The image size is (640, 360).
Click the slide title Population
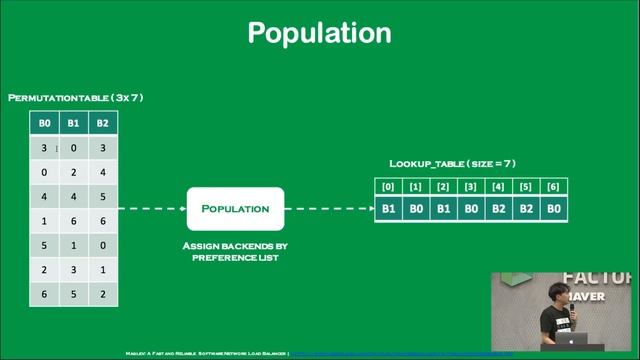[319, 33]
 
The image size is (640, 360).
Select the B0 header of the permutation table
[43, 124]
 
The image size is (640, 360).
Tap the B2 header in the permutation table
[103, 124]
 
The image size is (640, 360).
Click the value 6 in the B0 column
[43, 293]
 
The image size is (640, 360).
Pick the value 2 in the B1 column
[73, 172]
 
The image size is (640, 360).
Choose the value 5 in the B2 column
[103, 196]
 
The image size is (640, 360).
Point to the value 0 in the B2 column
[103, 245]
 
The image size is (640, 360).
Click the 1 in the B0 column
[43, 221]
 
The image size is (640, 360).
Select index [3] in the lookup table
[469, 187]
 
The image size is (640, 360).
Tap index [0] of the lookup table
[388, 187]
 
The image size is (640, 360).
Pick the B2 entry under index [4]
[496, 210]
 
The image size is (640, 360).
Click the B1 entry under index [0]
[388, 210]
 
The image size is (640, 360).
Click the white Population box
[235, 209]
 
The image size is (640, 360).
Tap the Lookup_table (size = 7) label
[452, 163]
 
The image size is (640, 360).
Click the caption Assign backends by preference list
[235, 251]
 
